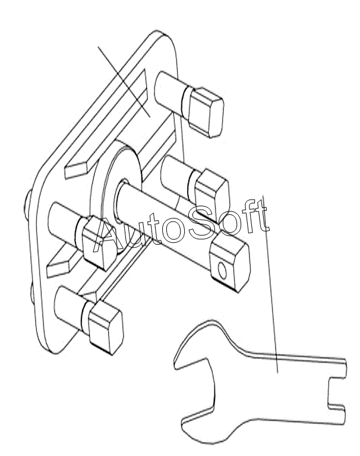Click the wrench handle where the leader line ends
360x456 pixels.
(277, 372)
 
